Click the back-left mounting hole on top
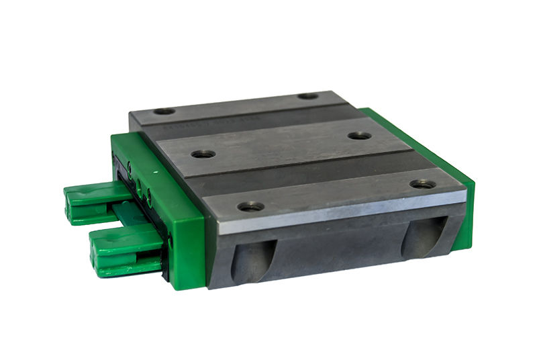click(x=164, y=111)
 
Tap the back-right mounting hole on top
click(x=308, y=96)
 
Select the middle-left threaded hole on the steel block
click(x=203, y=154)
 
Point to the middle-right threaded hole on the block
click(x=360, y=136)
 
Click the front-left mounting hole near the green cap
click(x=250, y=206)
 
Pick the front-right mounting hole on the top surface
click(x=422, y=183)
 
